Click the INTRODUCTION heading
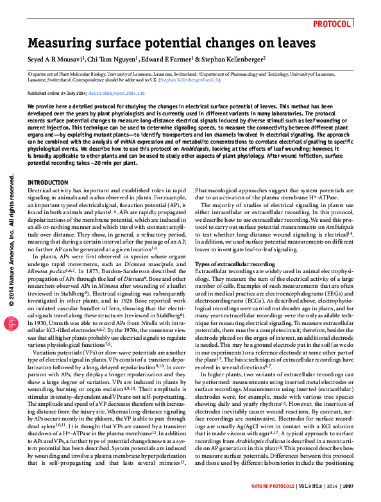[48, 183]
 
